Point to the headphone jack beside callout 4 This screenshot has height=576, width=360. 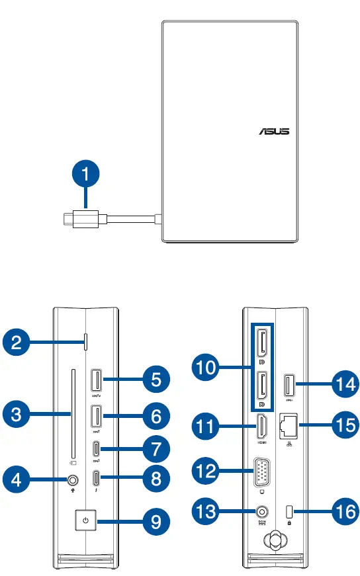coord(71,479)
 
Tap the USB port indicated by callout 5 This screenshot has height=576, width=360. coord(97,382)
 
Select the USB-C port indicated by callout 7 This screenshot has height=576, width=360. coord(97,448)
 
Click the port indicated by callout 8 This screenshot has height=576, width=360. coord(97,477)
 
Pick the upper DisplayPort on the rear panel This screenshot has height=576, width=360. coord(261,345)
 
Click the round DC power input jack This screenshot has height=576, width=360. coord(263,511)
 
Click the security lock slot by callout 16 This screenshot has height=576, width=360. coord(290,511)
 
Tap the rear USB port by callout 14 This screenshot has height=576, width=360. coord(289,385)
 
